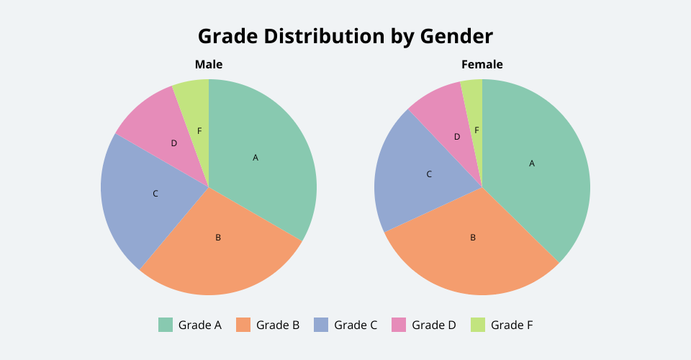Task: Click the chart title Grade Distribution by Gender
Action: click(x=345, y=37)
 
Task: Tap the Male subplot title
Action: click(x=209, y=65)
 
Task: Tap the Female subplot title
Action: click(x=482, y=65)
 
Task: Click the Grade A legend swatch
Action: click(x=166, y=325)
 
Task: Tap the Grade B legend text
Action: click(x=278, y=325)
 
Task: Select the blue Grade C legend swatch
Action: click(x=321, y=325)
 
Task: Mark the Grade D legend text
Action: click(x=434, y=325)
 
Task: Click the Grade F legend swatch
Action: click(x=477, y=325)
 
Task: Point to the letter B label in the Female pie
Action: click(x=473, y=238)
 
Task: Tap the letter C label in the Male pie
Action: click(x=155, y=194)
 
